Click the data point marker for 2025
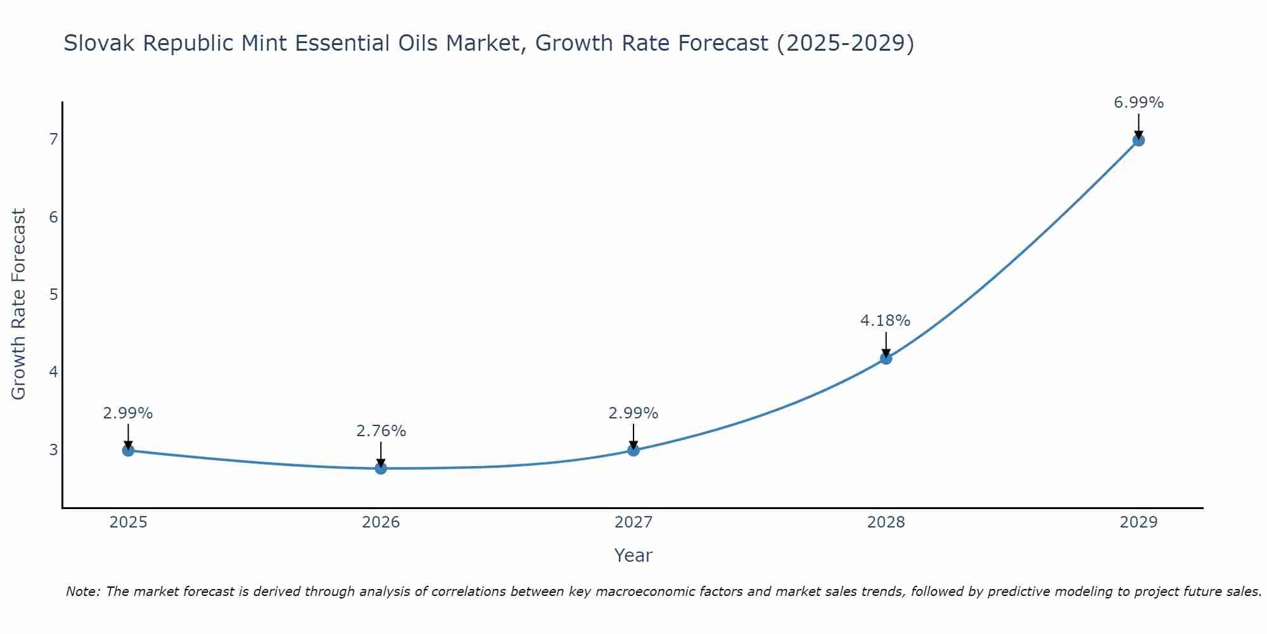tap(128, 450)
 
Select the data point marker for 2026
tap(381, 469)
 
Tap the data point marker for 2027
tap(633, 450)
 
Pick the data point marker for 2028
tap(886, 358)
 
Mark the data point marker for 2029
tap(1138, 140)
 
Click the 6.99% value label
tap(1138, 103)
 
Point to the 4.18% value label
tap(885, 321)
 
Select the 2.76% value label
tap(381, 431)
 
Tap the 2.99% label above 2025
tap(128, 413)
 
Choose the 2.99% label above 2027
tap(633, 413)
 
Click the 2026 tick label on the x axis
tap(381, 522)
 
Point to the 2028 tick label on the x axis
tap(886, 522)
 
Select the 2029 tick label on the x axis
tap(1138, 522)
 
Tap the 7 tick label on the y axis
tap(53, 139)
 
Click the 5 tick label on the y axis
tap(53, 294)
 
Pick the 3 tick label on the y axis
tap(53, 450)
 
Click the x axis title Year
tap(633, 555)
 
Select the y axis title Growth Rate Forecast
tap(19, 304)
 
